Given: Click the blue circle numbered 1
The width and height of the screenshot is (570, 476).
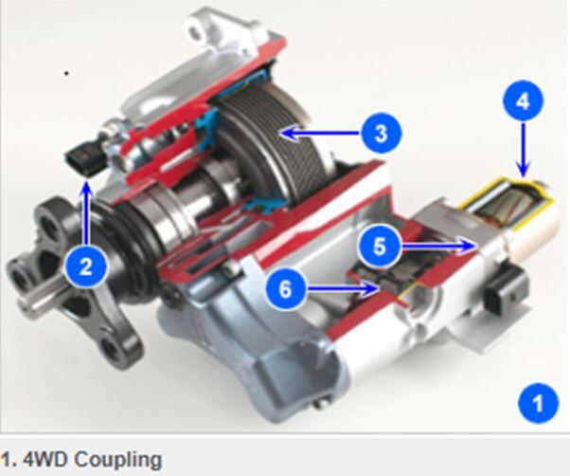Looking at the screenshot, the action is pos(538,403).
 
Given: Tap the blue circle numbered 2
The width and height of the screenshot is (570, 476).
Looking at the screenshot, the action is pos(86,267).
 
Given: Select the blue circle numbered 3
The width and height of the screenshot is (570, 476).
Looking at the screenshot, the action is pos(382,133).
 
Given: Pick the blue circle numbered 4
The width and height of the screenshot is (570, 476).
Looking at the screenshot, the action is pos(524,101).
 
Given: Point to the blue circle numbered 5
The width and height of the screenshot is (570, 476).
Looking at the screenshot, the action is pos(379,247).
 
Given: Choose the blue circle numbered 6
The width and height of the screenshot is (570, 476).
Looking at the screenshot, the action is pos(286,289).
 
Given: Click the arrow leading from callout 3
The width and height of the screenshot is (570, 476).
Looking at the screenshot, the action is pos(321,133).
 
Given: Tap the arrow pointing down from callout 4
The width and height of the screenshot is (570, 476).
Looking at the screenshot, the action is pos(524,149).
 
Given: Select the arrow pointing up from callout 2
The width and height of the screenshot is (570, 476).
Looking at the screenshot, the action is pos(86,213).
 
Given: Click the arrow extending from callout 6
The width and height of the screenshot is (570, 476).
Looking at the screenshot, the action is pos(342,289).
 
